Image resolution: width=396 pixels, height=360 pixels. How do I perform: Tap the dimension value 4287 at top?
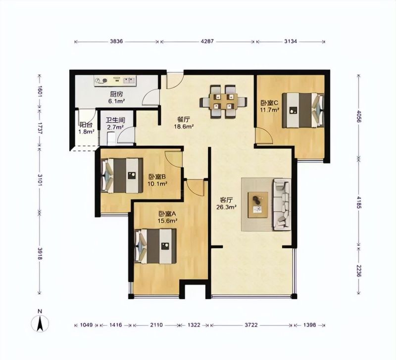(207, 41)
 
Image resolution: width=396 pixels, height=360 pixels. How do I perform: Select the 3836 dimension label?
(116, 41)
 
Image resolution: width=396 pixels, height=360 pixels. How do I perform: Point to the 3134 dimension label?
(291, 41)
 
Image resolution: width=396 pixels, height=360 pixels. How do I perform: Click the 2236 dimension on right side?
(359, 271)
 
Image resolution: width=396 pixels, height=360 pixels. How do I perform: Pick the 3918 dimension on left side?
(40, 254)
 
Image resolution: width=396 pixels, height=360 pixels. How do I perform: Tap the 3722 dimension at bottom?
(251, 325)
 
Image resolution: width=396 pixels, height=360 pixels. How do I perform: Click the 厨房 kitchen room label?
(116, 94)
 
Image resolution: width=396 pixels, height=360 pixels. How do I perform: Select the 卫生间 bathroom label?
(115, 120)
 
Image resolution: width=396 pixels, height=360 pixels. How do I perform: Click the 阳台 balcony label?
(86, 125)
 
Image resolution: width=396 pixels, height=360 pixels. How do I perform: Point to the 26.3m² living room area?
(226, 207)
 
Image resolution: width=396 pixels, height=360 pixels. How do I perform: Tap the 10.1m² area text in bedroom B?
(157, 183)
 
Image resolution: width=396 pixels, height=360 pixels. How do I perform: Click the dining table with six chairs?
(223, 101)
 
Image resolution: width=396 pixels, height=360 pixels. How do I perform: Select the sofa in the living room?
(282, 204)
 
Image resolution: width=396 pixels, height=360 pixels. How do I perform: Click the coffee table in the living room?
(258, 205)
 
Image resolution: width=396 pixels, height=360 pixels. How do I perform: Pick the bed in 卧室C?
(303, 110)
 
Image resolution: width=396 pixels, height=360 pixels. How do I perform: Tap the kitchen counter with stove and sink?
(115, 81)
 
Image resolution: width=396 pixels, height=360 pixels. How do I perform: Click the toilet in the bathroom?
(111, 139)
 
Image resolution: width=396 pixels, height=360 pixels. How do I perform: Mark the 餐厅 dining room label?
(184, 119)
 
